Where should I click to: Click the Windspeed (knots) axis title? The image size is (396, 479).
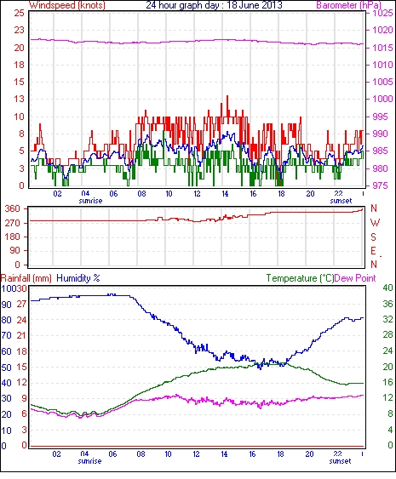point(67,5)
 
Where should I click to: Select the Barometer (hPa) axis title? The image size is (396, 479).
point(348,5)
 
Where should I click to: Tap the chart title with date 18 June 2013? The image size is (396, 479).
point(214,5)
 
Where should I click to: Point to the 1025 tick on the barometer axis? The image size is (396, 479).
point(382,13)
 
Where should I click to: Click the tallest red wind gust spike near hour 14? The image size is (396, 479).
point(227,97)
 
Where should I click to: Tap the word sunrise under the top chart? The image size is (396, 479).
point(90,201)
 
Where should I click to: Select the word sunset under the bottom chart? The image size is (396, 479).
point(340,461)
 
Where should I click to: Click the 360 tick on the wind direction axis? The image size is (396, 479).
point(13,209)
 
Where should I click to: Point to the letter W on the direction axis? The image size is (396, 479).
point(375,223)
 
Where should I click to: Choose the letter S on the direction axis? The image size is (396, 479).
point(373,237)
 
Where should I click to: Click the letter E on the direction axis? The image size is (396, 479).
point(373,251)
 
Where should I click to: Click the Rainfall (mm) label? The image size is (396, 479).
point(26,278)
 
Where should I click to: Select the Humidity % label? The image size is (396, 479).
point(78,278)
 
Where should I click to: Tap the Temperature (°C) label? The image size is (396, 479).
point(300,278)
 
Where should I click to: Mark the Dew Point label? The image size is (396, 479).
point(355,278)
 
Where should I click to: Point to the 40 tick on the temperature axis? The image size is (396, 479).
point(387,288)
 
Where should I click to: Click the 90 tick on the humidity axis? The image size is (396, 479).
point(7,305)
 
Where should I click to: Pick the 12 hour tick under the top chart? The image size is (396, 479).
point(197,194)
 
